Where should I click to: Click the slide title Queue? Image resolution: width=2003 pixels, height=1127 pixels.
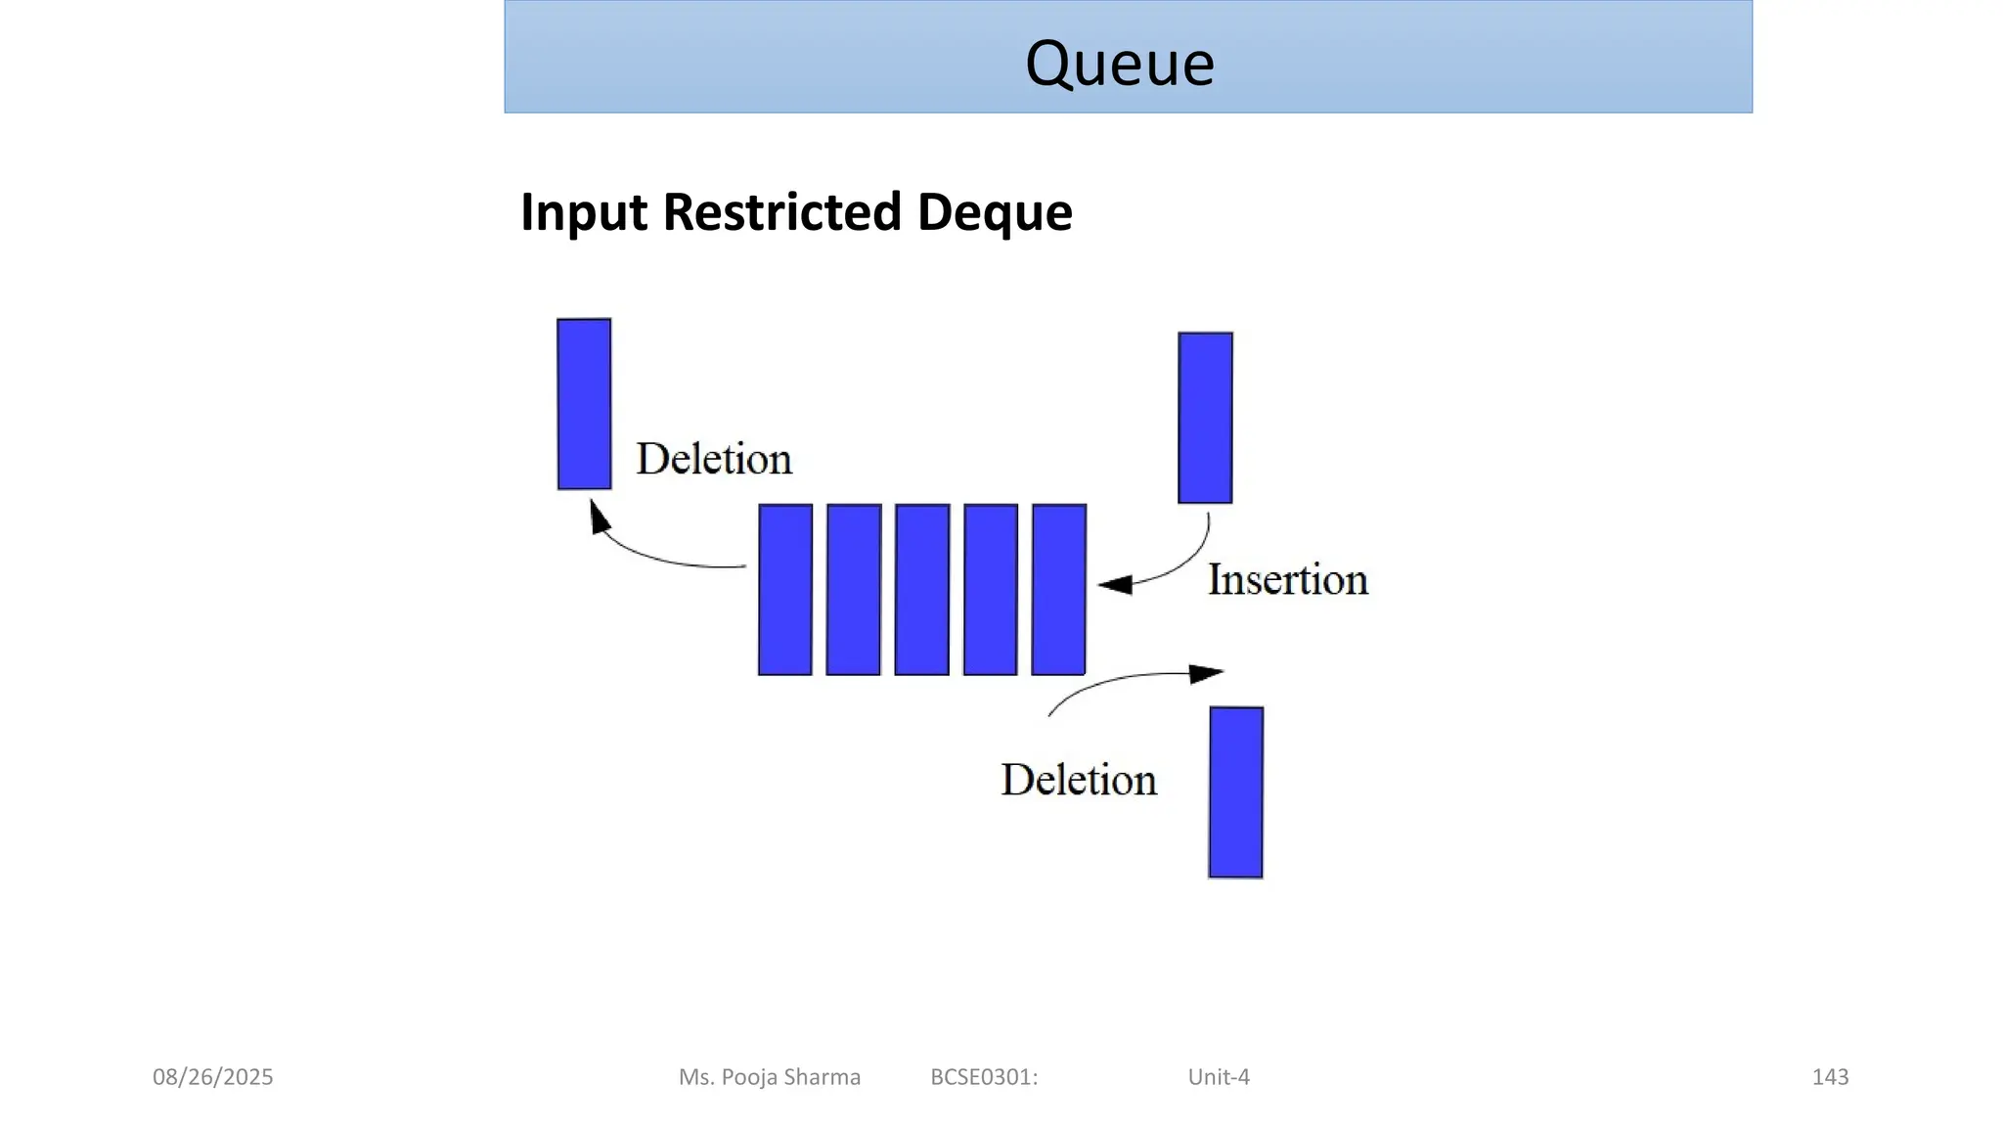tap(1120, 64)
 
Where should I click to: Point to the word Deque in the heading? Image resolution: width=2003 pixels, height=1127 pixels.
tap(995, 212)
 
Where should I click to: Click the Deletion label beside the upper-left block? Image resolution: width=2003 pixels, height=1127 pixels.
tap(714, 459)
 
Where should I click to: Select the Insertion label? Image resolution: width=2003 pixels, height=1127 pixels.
tap(1287, 579)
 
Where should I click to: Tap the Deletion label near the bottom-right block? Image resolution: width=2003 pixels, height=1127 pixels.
tap(1079, 780)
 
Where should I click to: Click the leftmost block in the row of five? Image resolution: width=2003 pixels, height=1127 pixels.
tap(785, 589)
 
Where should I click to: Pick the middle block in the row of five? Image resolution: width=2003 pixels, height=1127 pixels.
tap(921, 589)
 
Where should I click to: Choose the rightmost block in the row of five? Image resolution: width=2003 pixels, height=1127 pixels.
tap(1058, 589)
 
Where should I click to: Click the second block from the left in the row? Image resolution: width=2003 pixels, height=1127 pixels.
tap(854, 589)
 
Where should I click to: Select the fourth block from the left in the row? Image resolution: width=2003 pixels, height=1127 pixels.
tap(991, 589)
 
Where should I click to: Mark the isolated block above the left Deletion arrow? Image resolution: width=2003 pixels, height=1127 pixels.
tap(584, 403)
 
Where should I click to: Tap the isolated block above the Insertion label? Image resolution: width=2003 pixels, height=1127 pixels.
tap(1205, 418)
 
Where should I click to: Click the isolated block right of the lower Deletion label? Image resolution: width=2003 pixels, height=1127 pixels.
tap(1236, 792)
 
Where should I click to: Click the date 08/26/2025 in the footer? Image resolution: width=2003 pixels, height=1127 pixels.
tap(213, 1077)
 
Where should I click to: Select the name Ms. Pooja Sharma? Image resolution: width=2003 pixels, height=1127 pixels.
tap(770, 1077)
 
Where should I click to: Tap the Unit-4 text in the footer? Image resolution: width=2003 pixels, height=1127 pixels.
tap(1219, 1077)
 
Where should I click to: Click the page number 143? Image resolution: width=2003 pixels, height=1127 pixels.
tap(1830, 1077)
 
